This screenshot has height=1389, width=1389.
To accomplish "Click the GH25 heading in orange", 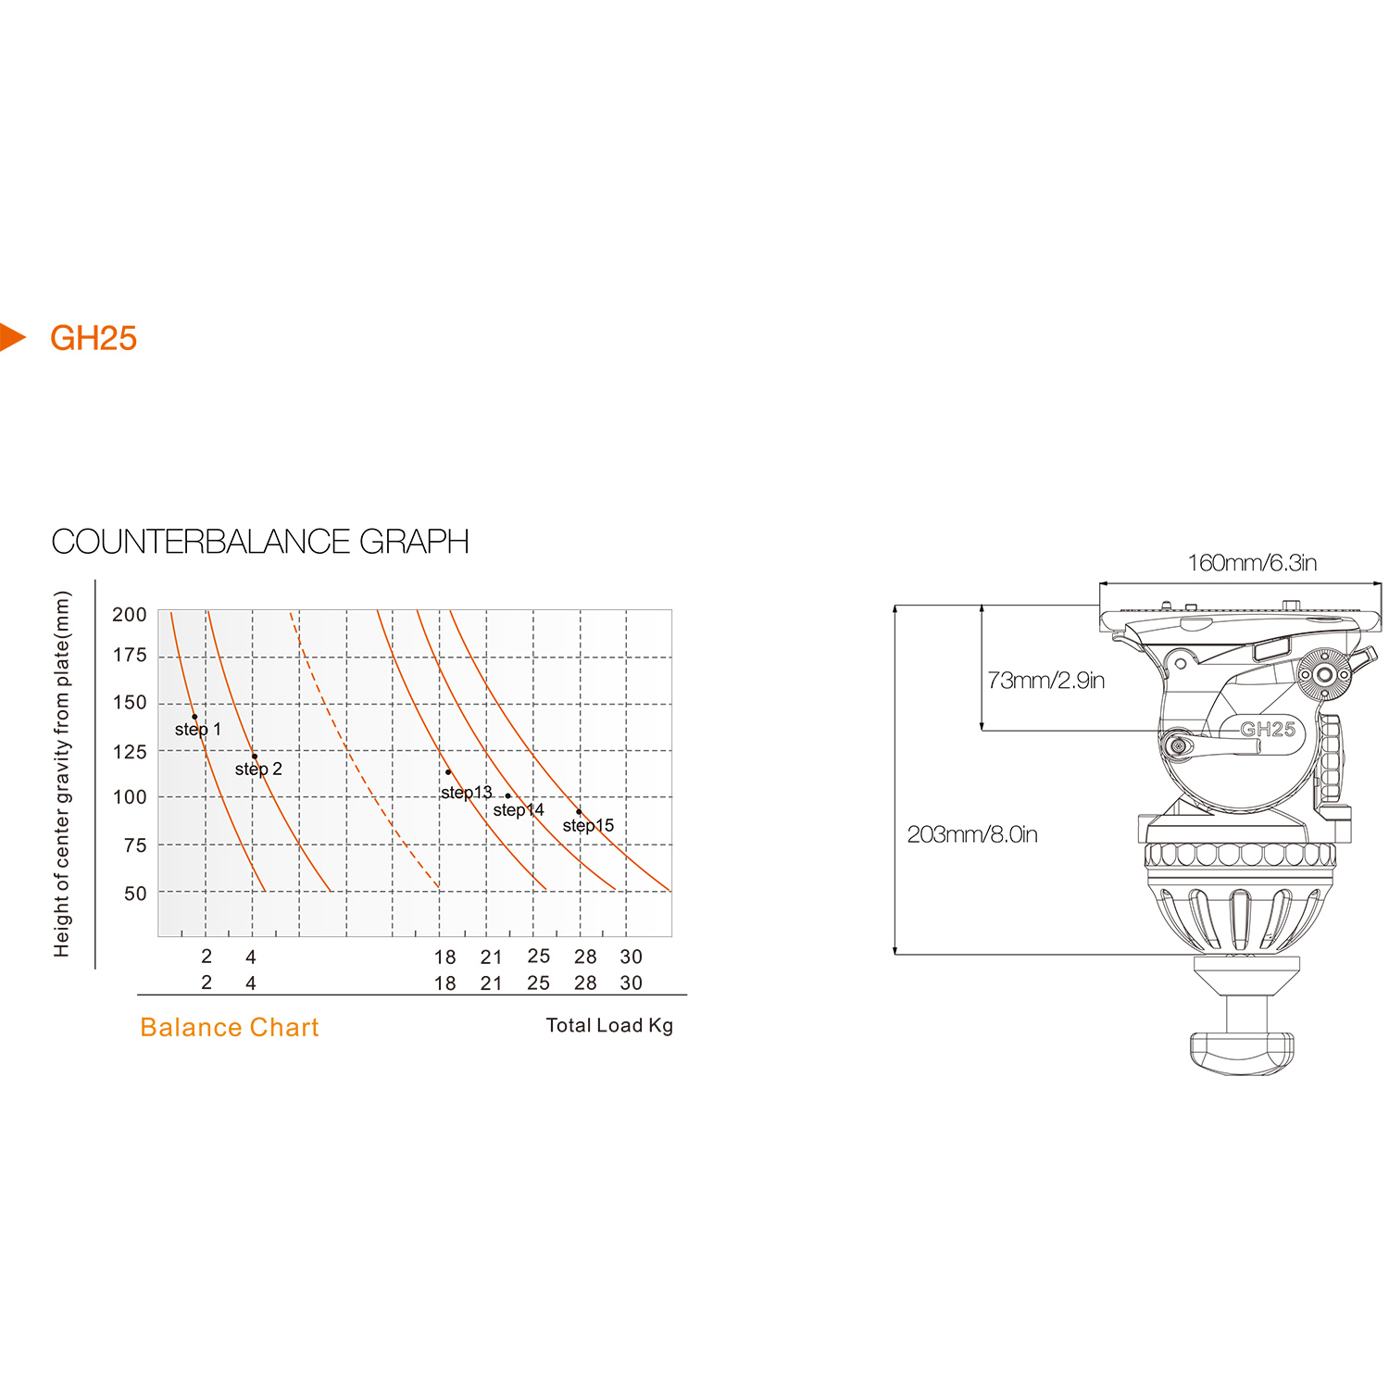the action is [94, 338].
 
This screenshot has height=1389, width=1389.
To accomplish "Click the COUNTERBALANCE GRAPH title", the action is [260, 542].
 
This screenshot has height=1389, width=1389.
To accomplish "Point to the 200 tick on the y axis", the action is [130, 615].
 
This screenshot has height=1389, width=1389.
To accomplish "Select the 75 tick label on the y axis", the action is [135, 845].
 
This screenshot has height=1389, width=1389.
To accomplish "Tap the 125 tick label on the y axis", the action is [130, 752].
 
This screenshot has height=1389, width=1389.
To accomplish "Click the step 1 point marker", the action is [194, 717].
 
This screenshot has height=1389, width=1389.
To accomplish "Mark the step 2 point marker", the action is [255, 757].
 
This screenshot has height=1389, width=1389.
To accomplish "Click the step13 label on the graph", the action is [466, 793].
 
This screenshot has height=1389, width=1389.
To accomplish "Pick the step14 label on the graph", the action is [519, 810].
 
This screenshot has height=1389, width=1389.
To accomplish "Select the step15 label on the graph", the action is [588, 826].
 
